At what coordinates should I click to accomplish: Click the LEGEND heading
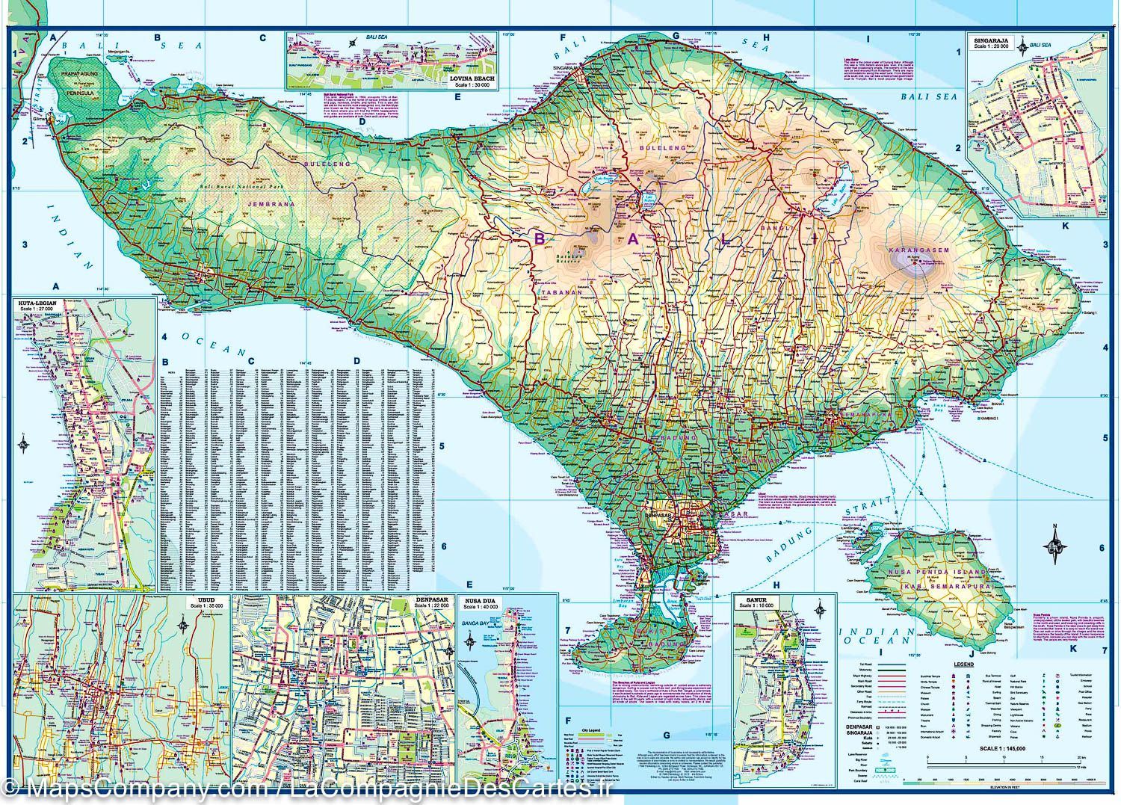pos(963,664)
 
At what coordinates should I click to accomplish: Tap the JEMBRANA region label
pos(272,203)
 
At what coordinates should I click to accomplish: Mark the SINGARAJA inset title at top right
pos(990,39)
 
